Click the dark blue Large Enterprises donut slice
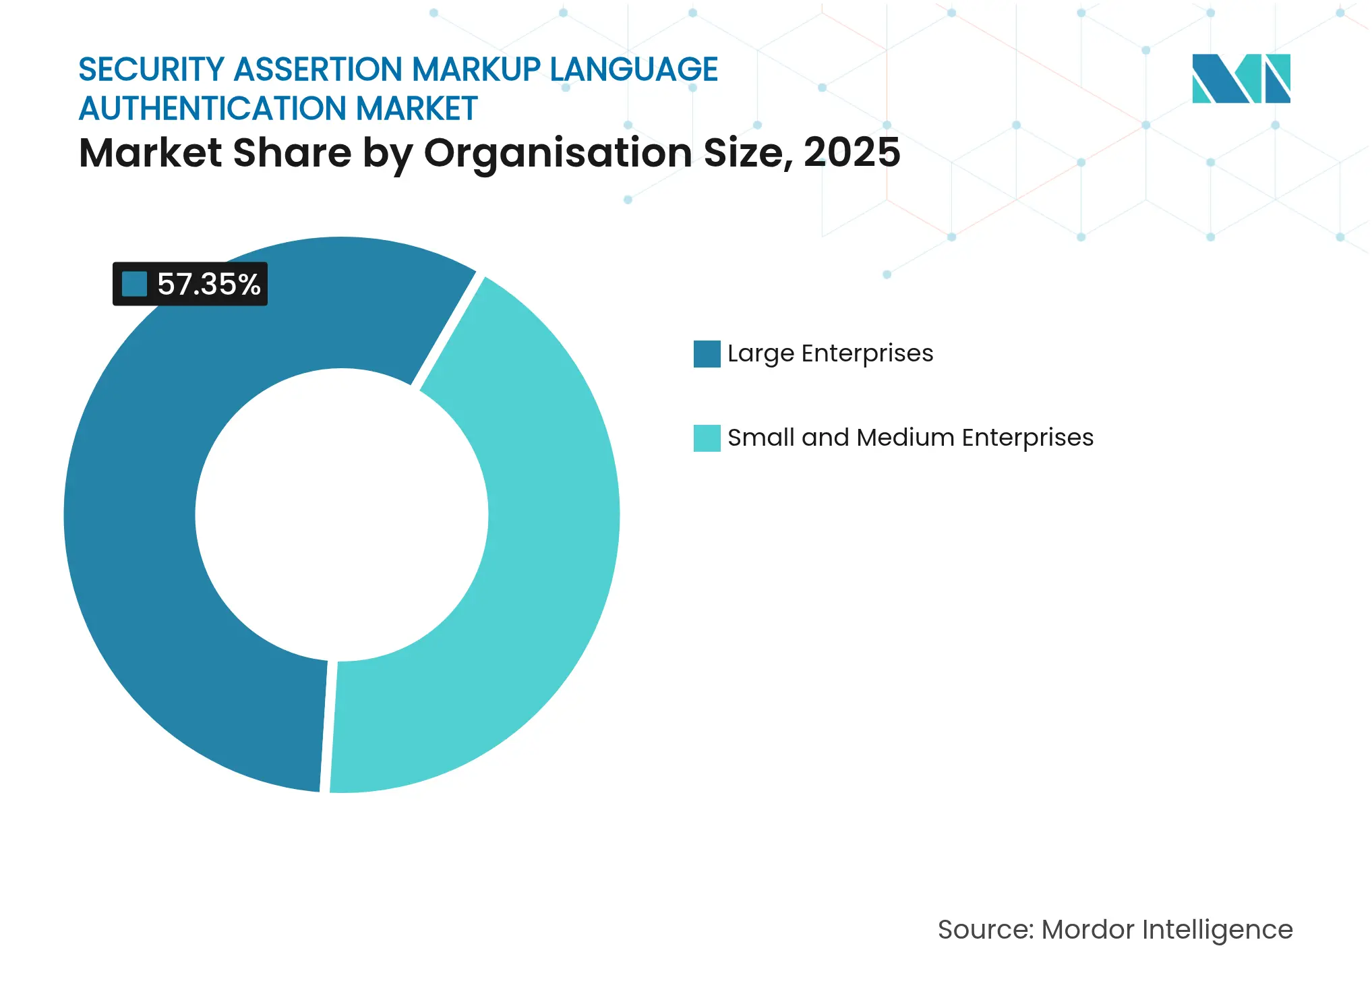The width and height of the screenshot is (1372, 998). pyautogui.click(x=135, y=539)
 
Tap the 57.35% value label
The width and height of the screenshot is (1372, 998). pyautogui.click(x=208, y=284)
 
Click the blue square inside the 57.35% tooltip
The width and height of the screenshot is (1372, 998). pyautogui.click(x=134, y=284)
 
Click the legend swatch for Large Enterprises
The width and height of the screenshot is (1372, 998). pyautogui.click(x=707, y=354)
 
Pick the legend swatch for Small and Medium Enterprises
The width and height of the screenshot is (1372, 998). pyautogui.click(x=707, y=438)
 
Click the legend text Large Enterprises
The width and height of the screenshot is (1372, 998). pyautogui.click(x=830, y=353)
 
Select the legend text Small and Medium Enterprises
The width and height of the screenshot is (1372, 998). pyautogui.click(x=910, y=438)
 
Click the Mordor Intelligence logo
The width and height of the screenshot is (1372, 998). pyautogui.click(x=1241, y=78)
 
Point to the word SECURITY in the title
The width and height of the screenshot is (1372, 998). pyautogui.click(x=151, y=69)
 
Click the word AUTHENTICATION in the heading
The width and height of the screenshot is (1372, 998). pyautogui.click(x=213, y=109)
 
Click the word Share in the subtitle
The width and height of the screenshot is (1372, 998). pyautogui.click(x=292, y=152)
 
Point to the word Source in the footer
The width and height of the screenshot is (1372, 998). pyautogui.click(x=984, y=930)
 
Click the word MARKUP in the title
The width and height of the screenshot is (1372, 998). pyautogui.click(x=476, y=69)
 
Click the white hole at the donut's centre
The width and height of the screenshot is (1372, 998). pyautogui.click(x=342, y=515)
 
